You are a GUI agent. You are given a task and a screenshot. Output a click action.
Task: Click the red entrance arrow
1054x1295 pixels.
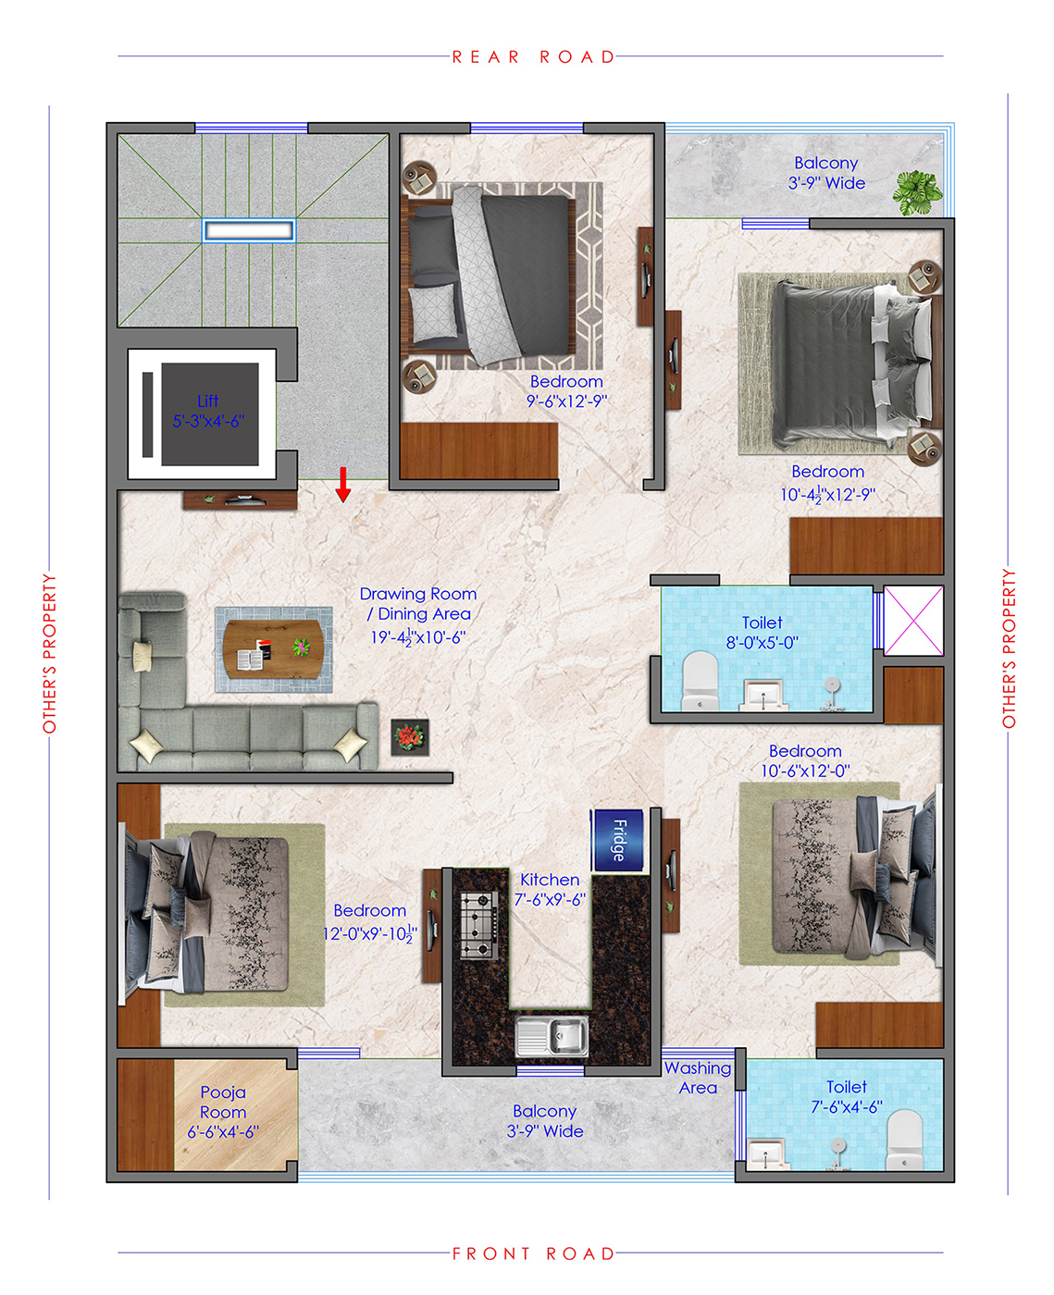pos(343,485)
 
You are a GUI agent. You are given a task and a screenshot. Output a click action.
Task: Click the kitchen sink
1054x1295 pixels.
pos(552,1035)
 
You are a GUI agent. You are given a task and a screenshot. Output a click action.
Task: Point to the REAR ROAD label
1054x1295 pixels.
pos(533,57)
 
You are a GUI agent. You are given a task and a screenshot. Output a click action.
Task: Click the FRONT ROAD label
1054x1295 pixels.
pos(533,1253)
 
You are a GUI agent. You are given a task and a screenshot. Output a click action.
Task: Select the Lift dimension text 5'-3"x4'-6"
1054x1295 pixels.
pos(208,421)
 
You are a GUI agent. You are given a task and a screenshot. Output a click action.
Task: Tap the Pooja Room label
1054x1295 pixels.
pos(223,1102)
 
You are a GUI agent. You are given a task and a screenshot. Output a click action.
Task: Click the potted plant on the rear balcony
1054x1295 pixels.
pos(917,192)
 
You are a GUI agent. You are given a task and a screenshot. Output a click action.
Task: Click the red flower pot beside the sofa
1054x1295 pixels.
pos(410,737)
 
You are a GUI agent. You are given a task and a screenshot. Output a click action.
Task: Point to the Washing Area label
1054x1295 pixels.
pos(698,1078)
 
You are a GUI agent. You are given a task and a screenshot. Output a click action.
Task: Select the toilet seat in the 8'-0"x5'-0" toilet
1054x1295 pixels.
pos(700,680)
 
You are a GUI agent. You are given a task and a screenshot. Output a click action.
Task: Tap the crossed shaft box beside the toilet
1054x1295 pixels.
pos(913,620)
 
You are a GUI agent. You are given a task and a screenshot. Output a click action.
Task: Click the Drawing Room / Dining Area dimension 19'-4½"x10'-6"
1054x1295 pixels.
pos(418,637)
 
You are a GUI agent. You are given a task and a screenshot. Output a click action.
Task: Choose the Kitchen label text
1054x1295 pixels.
pos(549,880)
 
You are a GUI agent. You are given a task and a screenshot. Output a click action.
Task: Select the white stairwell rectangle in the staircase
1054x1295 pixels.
pos(249,230)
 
